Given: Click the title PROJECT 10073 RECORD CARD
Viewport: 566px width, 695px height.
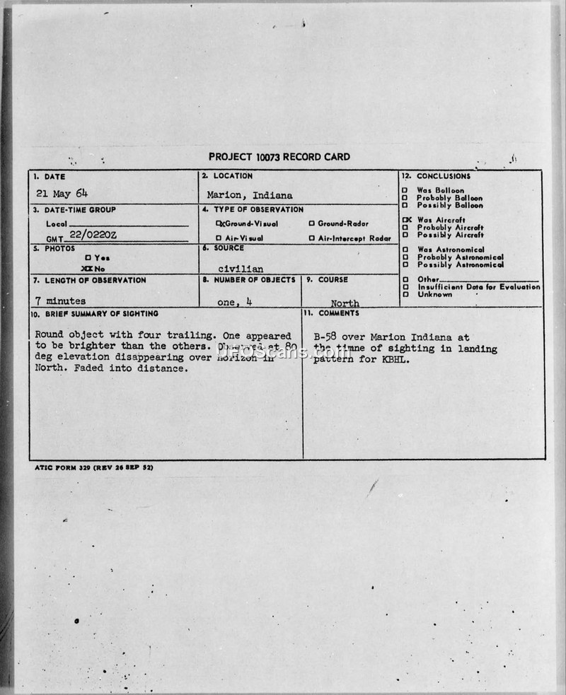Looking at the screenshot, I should click(279, 156).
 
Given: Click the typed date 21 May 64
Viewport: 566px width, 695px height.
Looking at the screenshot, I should click(62, 193).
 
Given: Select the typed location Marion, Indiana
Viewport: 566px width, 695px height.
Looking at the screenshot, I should click(250, 195).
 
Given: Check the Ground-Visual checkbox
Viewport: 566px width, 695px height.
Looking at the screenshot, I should click(219, 223).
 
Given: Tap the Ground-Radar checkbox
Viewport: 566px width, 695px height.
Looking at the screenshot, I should click(311, 223).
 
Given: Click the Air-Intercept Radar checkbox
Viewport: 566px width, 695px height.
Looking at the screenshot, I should click(311, 238).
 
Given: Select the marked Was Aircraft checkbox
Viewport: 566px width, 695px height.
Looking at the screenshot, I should click(405, 220).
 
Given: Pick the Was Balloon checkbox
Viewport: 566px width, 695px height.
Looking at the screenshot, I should click(405, 191).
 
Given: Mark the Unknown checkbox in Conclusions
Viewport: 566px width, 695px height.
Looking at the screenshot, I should click(405, 295).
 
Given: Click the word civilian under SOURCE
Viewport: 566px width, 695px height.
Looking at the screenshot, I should click(241, 269).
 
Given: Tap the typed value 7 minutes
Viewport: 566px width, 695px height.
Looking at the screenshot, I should click(60, 301).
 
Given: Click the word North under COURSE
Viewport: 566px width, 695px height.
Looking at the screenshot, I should click(345, 303).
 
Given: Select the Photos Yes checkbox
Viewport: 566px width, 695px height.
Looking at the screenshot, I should click(88, 258).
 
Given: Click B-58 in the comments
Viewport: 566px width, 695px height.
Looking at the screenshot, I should click(326, 337).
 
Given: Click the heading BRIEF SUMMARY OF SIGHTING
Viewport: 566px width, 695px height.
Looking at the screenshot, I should click(95, 313).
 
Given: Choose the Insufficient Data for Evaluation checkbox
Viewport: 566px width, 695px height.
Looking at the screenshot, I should click(405, 287).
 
